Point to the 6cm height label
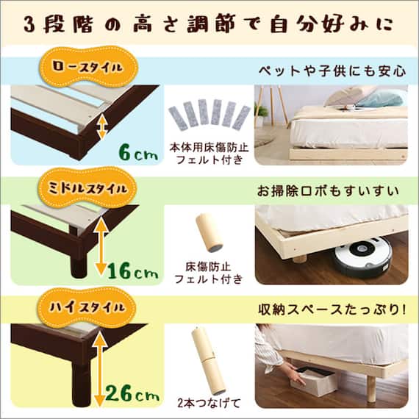(x=137, y=154)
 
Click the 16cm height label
(x=132, y=273)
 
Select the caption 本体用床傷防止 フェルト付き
(x=209, y=152)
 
